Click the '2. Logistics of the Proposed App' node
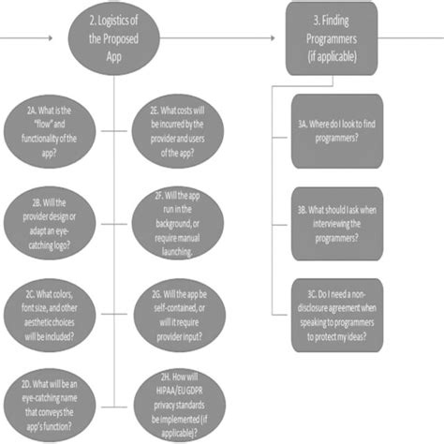tap(113, 38)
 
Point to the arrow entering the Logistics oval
tap(47, 38)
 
